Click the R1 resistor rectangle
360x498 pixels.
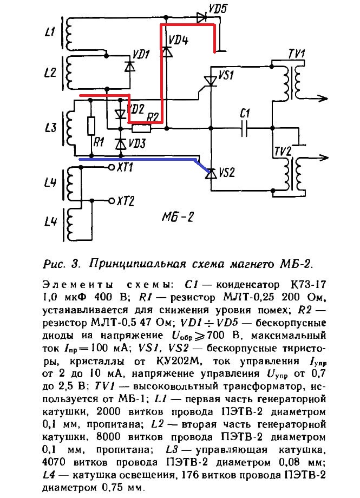tap(91, 127)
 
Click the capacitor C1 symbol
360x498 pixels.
tap(244, 129)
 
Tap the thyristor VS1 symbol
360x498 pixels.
tap(210, 82)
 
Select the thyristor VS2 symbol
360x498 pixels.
tap(210, 173)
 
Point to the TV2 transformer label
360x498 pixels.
tap(285, 150)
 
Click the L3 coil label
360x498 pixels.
tap(50, 128)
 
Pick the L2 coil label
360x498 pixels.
tap(50, 73)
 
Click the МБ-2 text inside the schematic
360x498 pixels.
tap(178, 218)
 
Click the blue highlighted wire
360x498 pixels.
tap(141, 160)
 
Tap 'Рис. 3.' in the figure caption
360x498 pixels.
tap(61, 264)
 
